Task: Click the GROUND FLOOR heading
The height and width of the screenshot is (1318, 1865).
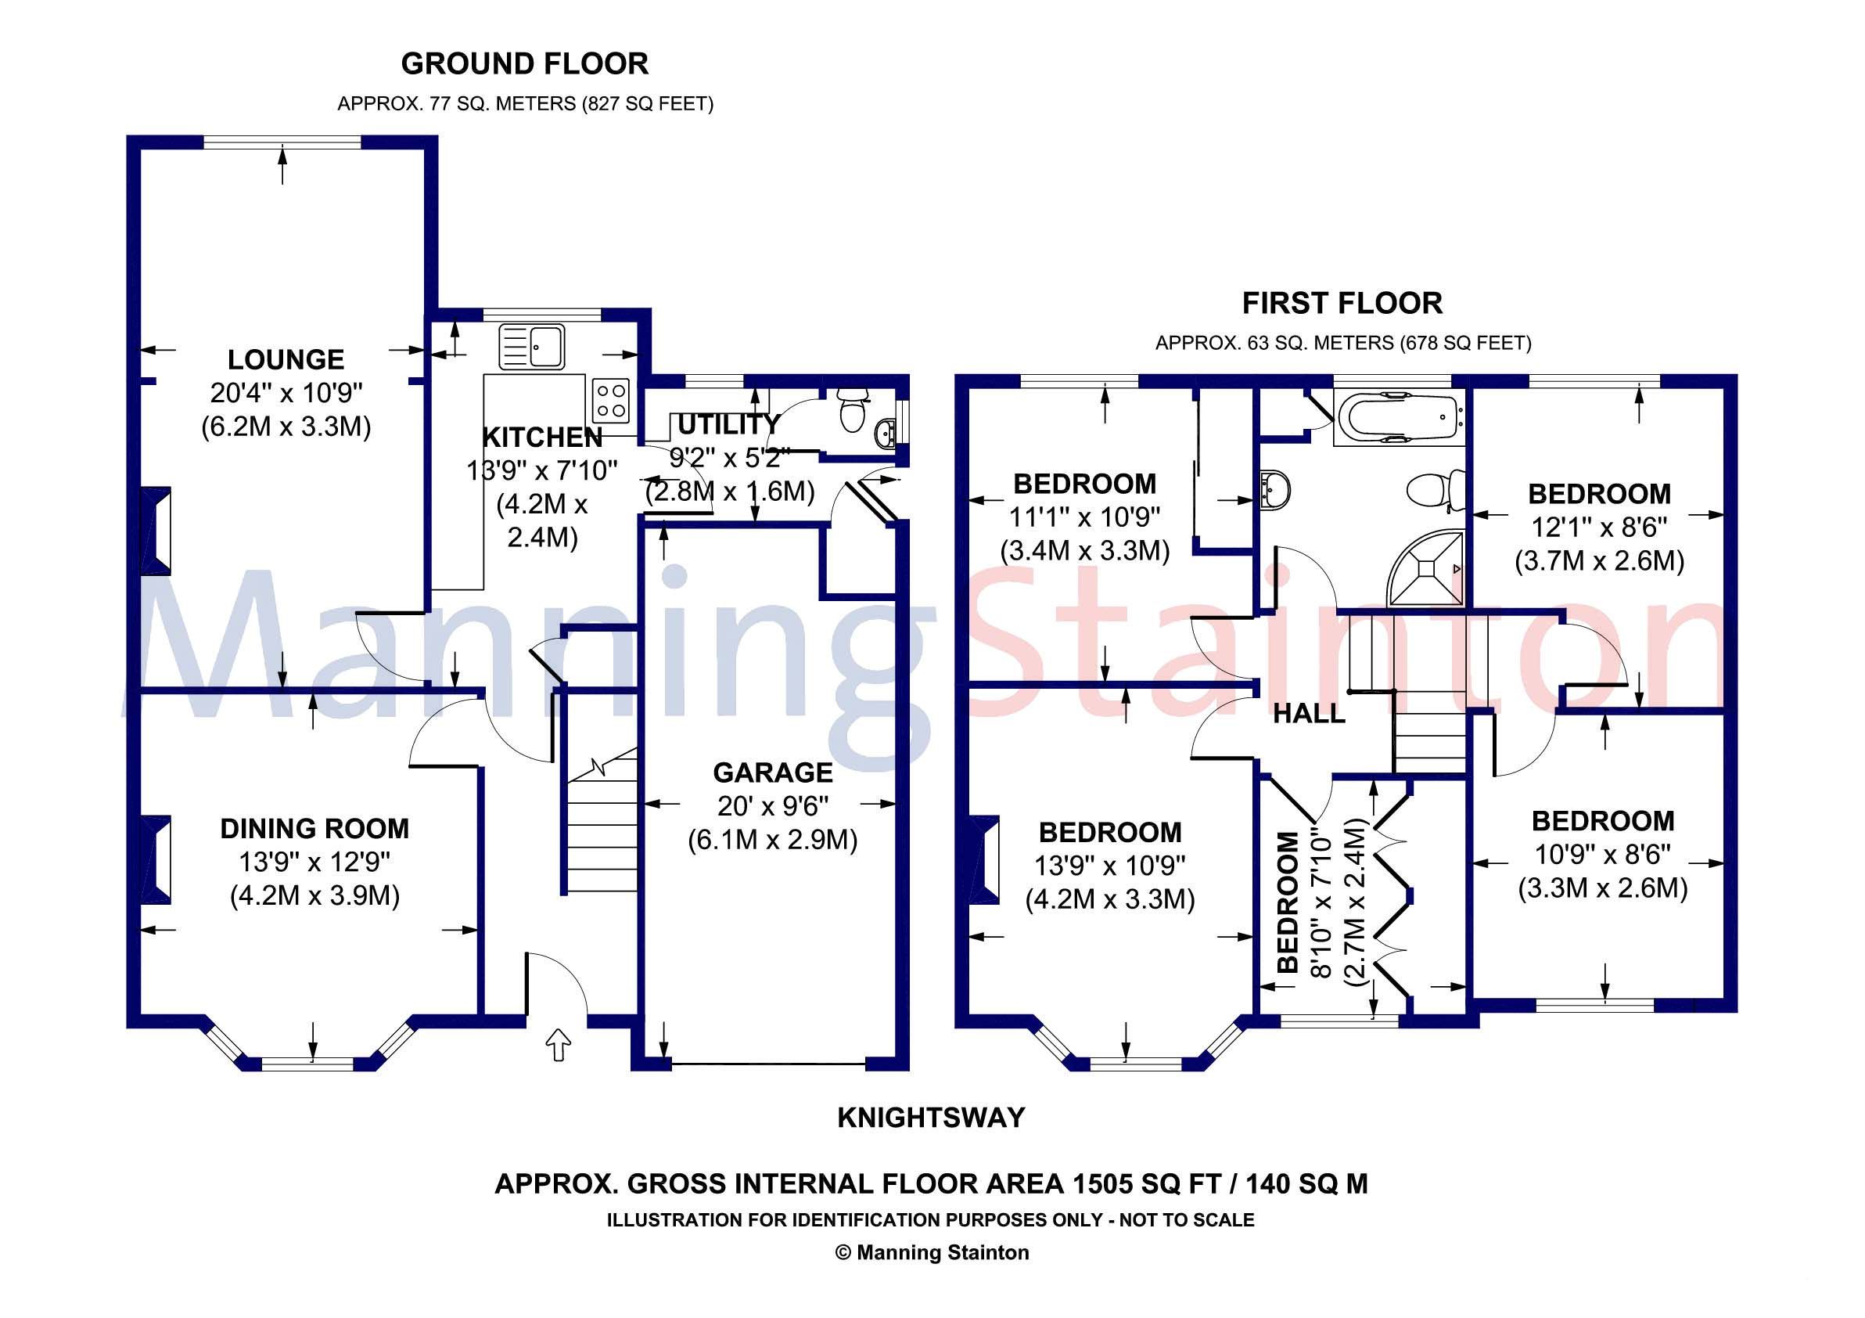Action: tap(525, 63)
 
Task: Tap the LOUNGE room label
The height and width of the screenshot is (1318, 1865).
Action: tap(286, 359)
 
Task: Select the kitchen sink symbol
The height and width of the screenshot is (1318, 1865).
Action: tap(532, 346)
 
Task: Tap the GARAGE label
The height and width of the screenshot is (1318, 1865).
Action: tap(772, 772)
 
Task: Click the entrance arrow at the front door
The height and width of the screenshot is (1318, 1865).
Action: tap(558, 1044)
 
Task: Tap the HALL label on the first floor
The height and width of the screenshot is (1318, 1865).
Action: tap(1309, 715)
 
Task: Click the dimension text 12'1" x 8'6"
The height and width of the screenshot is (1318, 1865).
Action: tap(1598, 528)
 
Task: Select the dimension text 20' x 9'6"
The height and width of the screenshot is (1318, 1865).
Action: tap(772, 806)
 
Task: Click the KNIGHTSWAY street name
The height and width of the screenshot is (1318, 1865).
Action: tap(931, 1118)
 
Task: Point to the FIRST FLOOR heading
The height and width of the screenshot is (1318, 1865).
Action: tap(1342, 303)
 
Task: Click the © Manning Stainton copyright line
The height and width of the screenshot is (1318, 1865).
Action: tap(932, 1253)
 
